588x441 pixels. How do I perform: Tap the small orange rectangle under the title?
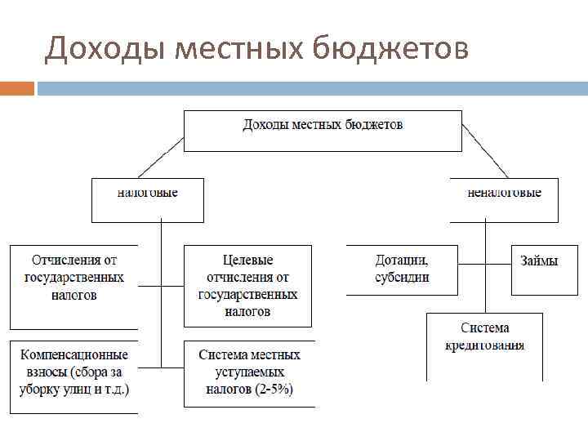[x=17, y=87]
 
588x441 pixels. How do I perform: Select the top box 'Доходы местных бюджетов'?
[x=323, y=130]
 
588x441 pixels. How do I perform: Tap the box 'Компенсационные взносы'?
[x=73, y=376]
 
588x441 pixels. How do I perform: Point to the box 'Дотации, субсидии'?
[x=402, y=269]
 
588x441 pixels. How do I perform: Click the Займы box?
[x=544, y=269]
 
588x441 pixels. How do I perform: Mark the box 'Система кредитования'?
[x=484, y=345]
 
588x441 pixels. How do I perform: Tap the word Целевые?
[x=248, y=261]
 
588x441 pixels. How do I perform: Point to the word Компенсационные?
[x=74, y=355]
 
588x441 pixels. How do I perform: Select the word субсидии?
[x=402, y=277]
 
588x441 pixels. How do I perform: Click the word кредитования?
[x=484, y=345]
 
